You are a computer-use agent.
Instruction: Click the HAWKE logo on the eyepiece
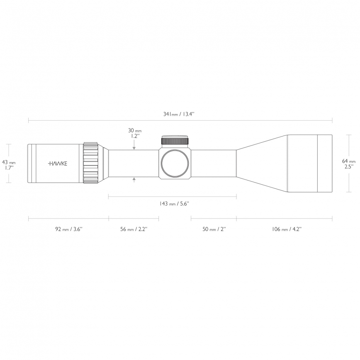58,163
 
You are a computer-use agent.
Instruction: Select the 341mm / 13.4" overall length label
179,114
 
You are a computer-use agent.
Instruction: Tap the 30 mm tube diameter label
135,130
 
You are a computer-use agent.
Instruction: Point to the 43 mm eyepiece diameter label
9,162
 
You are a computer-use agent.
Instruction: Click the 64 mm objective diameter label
349,161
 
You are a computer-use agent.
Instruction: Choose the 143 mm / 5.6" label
174,203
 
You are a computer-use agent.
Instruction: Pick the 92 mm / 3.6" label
69,229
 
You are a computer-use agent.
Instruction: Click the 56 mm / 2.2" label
134,229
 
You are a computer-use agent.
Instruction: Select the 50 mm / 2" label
214,229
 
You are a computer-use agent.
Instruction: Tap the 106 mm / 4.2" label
287,229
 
